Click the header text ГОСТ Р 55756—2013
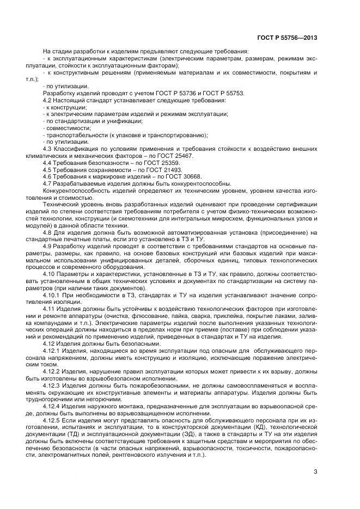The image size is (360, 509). click(286, 38)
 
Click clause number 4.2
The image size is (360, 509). click(48, 101)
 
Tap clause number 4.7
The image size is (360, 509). click(48, 184)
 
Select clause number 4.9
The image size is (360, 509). click(48, 247)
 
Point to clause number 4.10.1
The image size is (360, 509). click(51, 295)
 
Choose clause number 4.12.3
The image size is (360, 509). click(53, 384)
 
